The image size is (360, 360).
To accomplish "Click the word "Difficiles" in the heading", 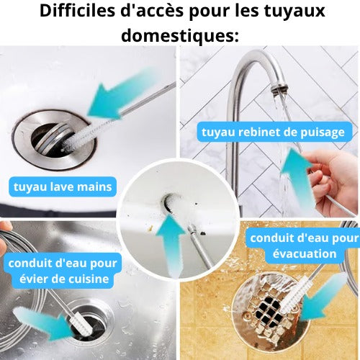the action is [77, 11].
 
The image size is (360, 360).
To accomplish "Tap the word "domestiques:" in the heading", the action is [180, 35].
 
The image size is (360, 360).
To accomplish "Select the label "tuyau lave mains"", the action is [63, 186].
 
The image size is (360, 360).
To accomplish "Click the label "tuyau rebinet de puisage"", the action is [274, 132].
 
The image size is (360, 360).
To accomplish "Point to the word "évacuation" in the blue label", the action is [305, 253].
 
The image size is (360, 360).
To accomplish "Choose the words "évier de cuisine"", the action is [64, 279].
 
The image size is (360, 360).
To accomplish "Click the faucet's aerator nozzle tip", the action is [279, 89].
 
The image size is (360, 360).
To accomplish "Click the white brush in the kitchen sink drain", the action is [81, 323].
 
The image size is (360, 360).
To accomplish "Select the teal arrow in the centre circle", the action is [171, 245].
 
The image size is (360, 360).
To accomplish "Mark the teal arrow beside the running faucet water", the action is [299, 178].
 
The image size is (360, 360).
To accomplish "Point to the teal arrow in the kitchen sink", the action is [43, 322].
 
